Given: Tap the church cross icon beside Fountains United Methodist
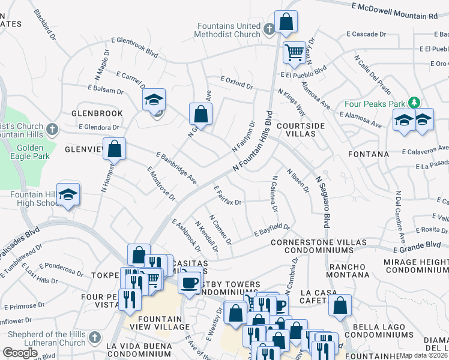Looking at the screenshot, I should point(269,28).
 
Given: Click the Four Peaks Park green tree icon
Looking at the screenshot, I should point(414,102).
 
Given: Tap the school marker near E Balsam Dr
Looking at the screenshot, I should point(154,100).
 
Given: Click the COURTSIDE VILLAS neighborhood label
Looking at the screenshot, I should point(301,130).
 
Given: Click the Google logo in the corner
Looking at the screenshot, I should point(20,353).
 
